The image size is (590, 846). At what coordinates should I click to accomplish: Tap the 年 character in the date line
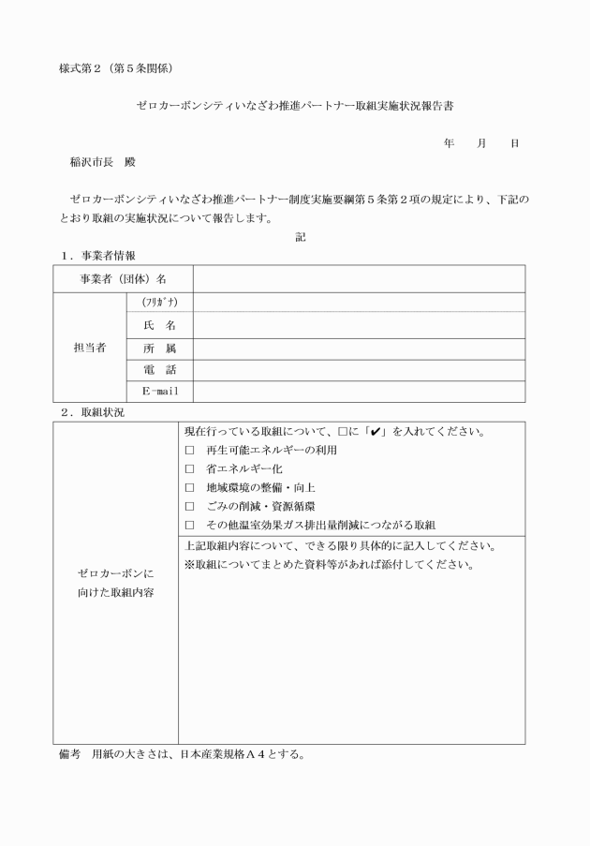pos(450,143)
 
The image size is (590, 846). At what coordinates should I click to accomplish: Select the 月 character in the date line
pos(481,143)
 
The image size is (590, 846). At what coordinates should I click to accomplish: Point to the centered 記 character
pos(301,238)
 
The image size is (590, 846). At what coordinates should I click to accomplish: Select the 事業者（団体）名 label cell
pos(123,279)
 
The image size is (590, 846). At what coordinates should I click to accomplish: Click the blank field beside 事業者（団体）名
pos(359,279)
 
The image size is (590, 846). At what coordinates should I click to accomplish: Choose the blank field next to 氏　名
pos(359,325)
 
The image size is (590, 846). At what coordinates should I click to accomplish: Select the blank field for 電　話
pos(359,370)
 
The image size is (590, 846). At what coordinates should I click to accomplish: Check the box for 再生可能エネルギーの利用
pos(190,451)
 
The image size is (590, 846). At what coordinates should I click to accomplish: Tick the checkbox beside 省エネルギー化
pos(190,468)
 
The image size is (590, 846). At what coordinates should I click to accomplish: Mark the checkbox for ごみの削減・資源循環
pos(190,506)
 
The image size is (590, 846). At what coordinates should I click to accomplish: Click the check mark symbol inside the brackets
pos(376,432)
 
